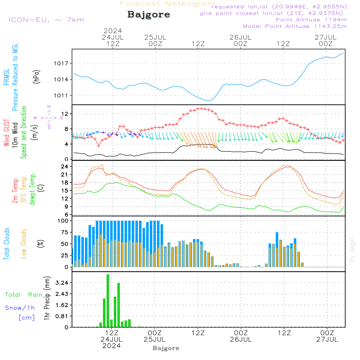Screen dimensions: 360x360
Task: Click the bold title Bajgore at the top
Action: coord(149,15)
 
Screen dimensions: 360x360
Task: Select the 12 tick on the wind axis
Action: coord(65,114)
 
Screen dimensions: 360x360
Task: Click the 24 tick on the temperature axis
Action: coord(65,167)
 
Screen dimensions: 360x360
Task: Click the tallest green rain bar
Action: coord(108,301)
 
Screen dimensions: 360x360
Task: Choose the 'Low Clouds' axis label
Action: coord(24,244)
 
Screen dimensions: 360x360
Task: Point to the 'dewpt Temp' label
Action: coord(32,190)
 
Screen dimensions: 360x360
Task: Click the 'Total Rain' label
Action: coord(23,295)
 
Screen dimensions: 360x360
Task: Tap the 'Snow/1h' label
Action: coord(20,308)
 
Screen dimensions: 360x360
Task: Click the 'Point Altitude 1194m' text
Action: coord(311,20)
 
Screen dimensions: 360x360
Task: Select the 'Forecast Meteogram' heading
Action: coord(168,4)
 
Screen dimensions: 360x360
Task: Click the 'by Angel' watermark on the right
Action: coord(352,249)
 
